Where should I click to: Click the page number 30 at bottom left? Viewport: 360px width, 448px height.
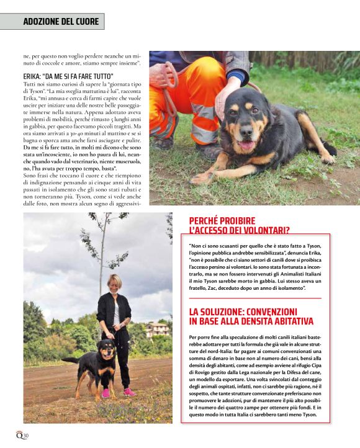point(25,436)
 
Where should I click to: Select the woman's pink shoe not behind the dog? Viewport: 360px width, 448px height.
point(128,392)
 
